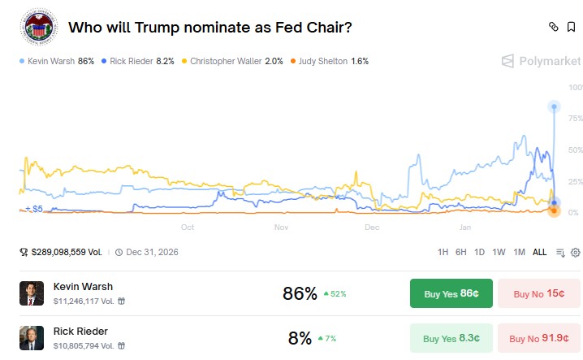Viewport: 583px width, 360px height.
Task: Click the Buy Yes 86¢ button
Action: click(x=451, y=293)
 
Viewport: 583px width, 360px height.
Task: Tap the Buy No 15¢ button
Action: click(x=538, y=293)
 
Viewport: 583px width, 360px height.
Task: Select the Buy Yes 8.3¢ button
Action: click(x=451, y=338)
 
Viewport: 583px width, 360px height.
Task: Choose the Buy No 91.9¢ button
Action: click(x=538, y=338)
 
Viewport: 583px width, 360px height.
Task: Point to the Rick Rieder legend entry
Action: click(x=138, y=61)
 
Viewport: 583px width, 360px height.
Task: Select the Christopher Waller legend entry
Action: click(x=235, y=61)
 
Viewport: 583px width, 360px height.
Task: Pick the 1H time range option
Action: click(x=443, y=252)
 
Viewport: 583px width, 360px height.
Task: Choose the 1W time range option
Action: click(x=499, y=252)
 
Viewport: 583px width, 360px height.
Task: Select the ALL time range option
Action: click(x=539, y=252)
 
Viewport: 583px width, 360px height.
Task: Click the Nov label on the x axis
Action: click(x=281, y=228)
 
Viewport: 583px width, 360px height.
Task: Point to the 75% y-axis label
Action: click(x=575, y=119)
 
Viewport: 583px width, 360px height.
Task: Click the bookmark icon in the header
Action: click(x=572, y=27)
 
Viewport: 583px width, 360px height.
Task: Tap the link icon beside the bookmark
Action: click(x=553, y=27)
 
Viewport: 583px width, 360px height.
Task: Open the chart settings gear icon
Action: click(x=575, y=252)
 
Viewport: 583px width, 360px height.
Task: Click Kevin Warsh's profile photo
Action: click(x=32, y=293)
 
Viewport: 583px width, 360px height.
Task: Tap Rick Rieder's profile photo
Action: click(x=32, y=338)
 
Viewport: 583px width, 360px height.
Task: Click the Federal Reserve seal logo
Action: click(x=37, y=27)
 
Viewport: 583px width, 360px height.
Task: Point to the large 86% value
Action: click(x=300, y=293)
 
